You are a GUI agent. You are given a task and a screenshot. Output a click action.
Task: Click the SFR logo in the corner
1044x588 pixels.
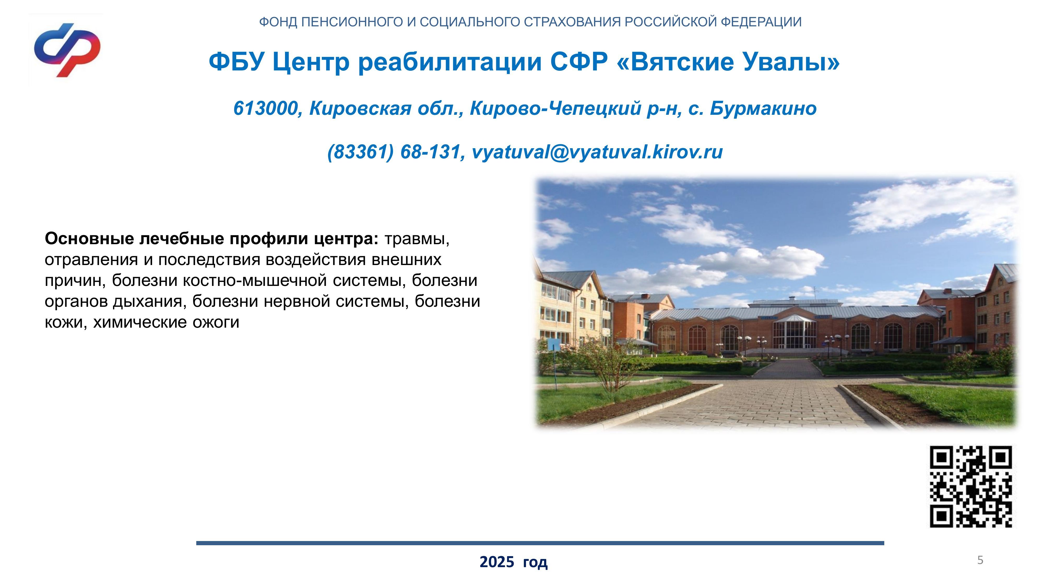pos(67,50)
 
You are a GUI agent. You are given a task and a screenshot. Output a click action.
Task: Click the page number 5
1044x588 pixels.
pos(980,560)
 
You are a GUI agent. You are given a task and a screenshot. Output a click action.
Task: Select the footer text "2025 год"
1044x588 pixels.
pos(513,562)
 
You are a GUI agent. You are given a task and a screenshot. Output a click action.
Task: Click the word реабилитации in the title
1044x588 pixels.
pos(450,63)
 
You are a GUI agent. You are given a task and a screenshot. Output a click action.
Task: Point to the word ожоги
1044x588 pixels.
pos(216,323)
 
